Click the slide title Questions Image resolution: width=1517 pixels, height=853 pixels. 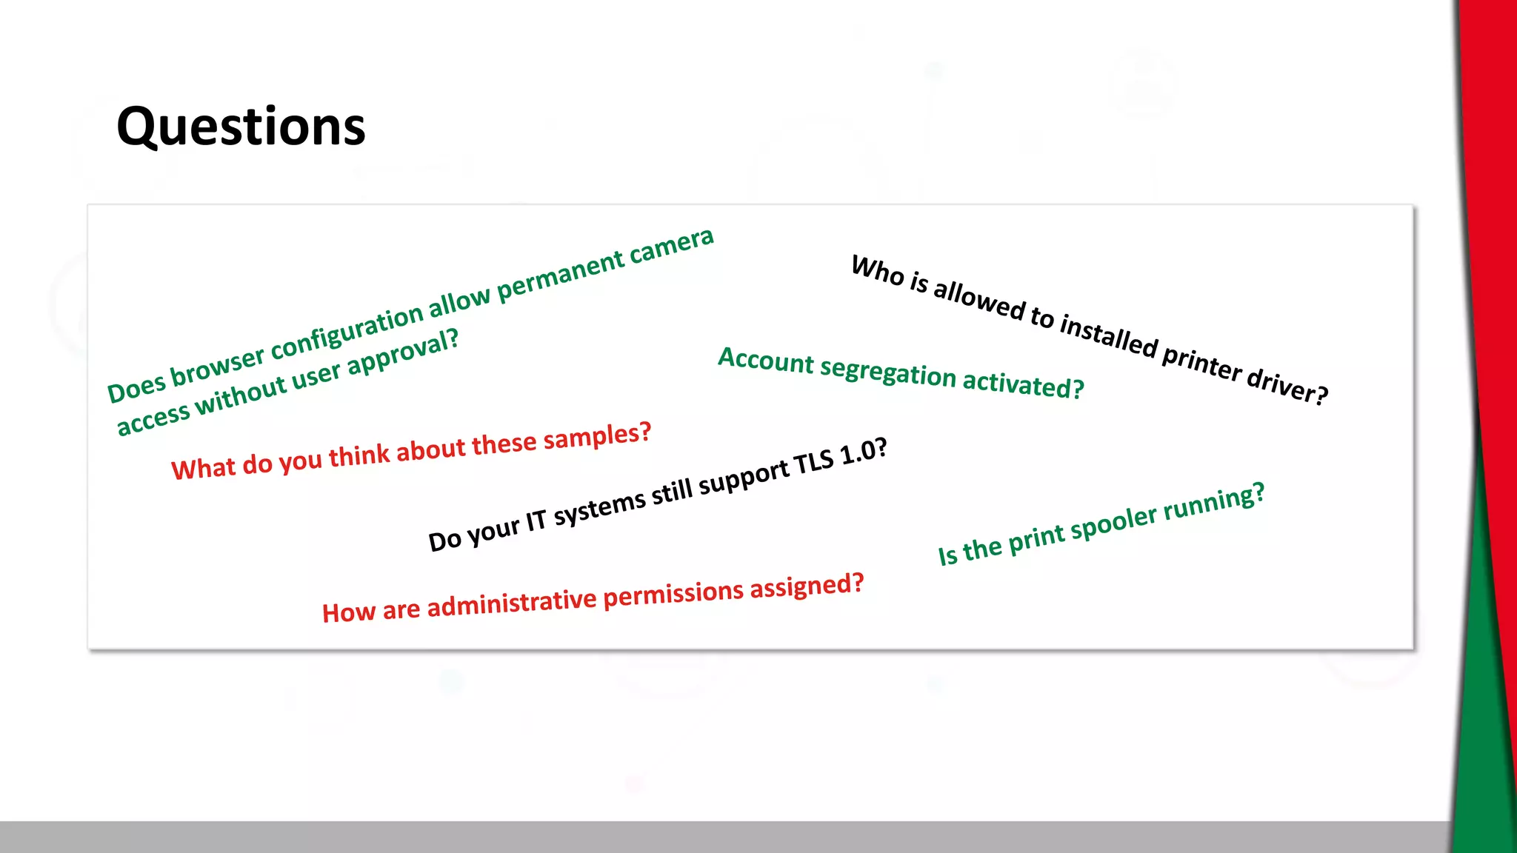(241, 127)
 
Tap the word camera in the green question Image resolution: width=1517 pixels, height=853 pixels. (671, 247)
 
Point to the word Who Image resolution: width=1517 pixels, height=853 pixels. (878, 269)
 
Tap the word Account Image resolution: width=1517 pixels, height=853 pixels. (766, 361)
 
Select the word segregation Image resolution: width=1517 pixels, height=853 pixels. (888, 372)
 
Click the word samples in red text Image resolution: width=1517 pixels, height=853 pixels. (597, 438)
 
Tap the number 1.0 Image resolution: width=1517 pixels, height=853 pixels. (863, 452)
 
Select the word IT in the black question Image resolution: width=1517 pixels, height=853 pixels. (536, 521)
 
